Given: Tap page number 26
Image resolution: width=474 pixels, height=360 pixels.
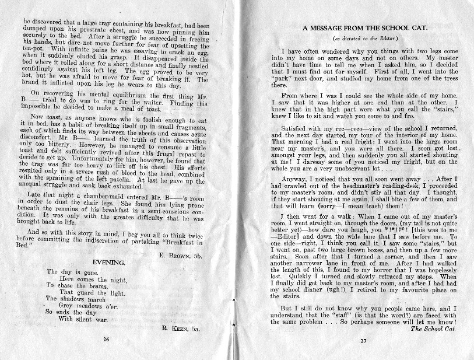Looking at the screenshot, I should [106, 338].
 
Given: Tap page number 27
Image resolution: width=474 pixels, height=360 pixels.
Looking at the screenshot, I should [362, 340].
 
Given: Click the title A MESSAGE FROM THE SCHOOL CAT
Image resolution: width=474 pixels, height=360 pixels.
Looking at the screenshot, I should [361, 28].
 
